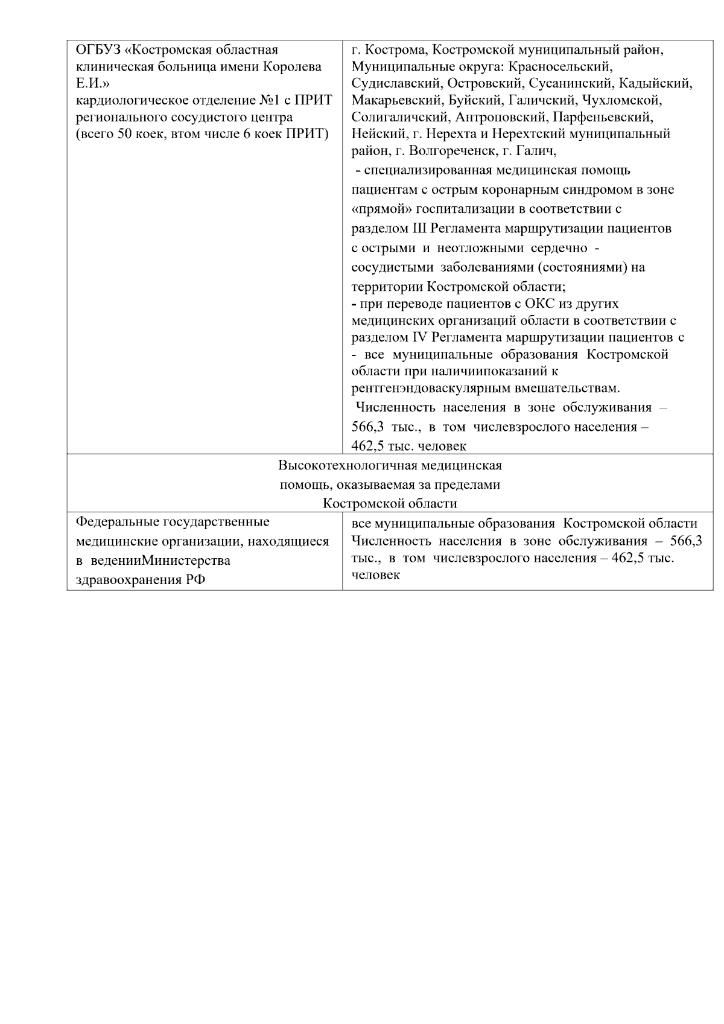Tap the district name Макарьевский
coord(396,100)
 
